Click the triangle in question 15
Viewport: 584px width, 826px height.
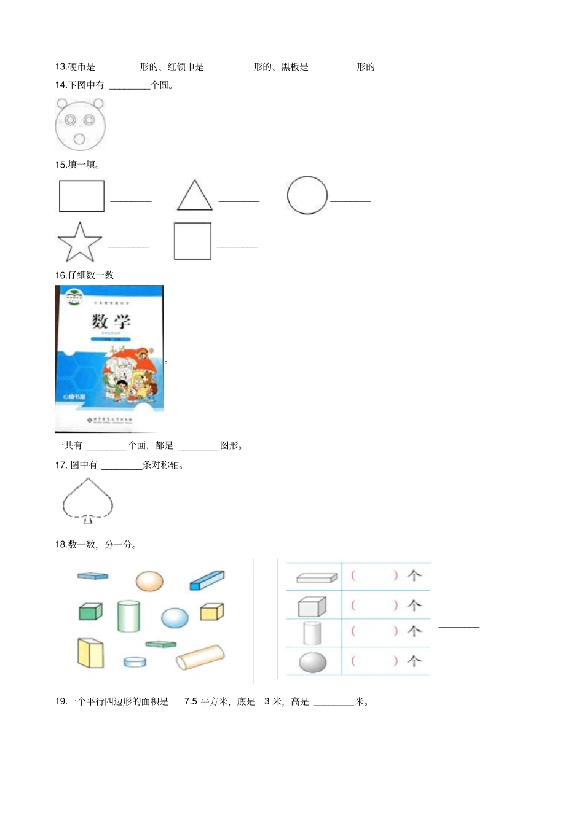[x=195, y=197]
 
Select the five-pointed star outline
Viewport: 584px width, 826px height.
[x=79, y=243]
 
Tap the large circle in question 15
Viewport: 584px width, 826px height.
[x=307, y=195]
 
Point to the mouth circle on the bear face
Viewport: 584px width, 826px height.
[x=79, y=139]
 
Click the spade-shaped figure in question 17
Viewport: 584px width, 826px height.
[x=88, y=500]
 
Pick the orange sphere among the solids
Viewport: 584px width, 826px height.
[x=149, y=580]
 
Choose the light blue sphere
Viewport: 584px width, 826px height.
[x=175, y=618]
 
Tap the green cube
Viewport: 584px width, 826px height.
[x=90, y=611]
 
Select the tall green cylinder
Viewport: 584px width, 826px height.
[x=128, y=616]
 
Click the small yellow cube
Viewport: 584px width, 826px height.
[x=212, y=612]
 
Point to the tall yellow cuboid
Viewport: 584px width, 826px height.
[x=90, y=653]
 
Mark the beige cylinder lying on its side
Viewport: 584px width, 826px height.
[x=200, y=657]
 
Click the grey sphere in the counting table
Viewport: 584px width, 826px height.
[x=312, y=662]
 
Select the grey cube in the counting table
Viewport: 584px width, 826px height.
[x=312, y=607]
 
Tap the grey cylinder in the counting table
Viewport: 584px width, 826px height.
[x=312, y=633]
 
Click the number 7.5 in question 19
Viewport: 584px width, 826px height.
[x=191, y=701]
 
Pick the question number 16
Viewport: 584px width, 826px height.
[x=61, y=275]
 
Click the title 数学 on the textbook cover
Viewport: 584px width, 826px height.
[x=111, y=321]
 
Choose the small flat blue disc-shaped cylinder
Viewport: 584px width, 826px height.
[x=135, y=661]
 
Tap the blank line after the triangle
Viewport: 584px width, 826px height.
[x=239, y=201]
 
